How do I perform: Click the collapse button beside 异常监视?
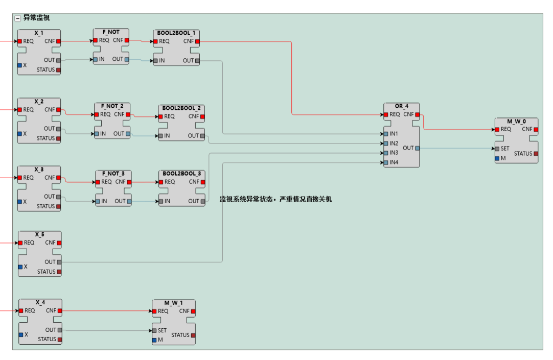18,18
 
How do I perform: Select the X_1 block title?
39,33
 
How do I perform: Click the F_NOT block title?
111,32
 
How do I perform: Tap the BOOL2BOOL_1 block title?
176,33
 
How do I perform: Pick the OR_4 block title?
402,106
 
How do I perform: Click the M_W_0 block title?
516,121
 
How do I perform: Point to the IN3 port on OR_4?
386,153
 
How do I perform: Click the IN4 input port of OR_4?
386,162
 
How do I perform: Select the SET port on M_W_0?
497,149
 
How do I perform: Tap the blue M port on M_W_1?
154,340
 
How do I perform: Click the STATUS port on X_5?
59,272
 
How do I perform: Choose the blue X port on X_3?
20,202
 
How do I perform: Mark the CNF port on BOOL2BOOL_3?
202,182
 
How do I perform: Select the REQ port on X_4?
21,310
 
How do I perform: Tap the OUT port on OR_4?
417,148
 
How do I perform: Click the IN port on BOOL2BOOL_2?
161,136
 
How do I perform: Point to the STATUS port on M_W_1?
193,335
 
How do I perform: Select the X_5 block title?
40,234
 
